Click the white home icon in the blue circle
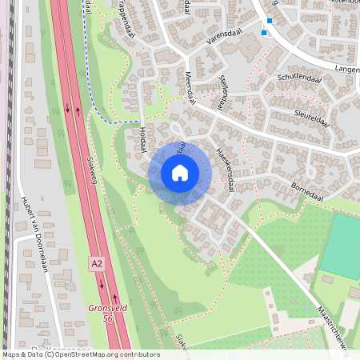pos(180,173)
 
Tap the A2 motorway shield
pos(96,262)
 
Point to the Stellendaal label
pos(224,93)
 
